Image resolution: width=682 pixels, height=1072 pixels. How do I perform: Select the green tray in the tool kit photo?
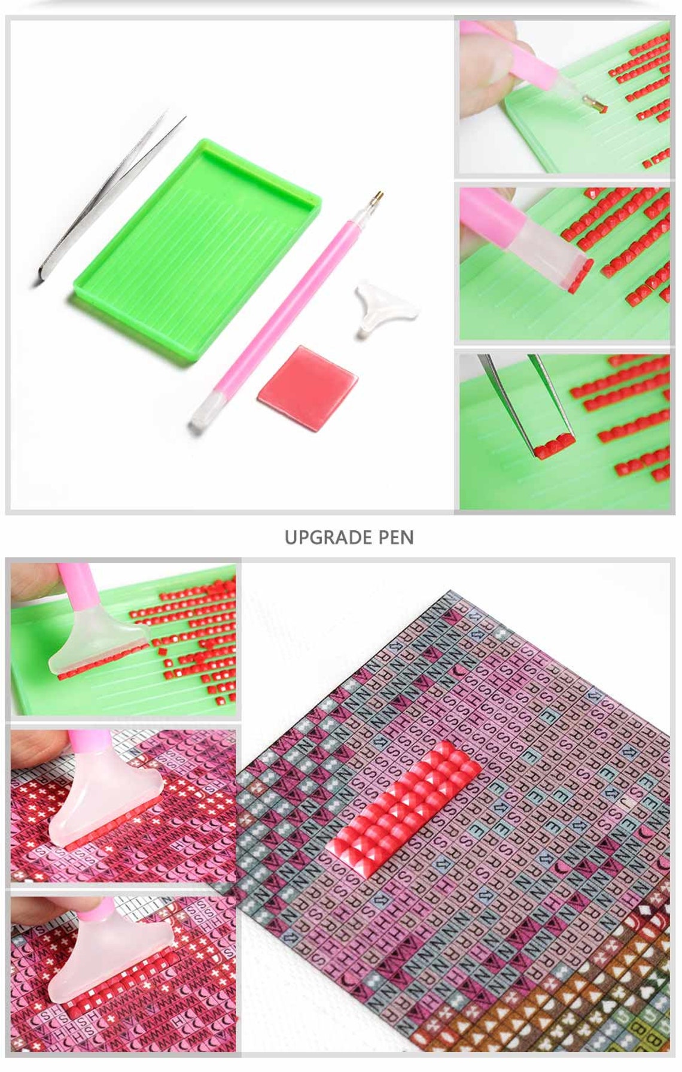point(197,251)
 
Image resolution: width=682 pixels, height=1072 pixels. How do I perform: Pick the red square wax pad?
point(307,387)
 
